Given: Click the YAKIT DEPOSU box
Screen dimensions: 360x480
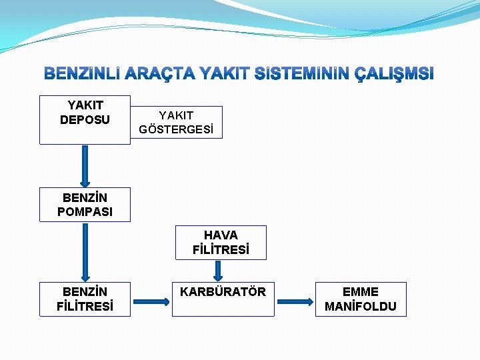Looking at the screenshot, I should (85, 120).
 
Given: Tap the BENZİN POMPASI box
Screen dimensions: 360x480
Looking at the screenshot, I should (85, 205).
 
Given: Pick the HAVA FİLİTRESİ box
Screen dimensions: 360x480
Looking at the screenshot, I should (221, 243).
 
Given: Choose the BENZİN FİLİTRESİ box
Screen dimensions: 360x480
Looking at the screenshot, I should (85, 299).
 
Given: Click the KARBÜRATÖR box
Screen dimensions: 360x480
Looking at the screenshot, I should (223, 299).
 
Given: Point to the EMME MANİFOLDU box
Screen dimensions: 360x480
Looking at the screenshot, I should (360, 299).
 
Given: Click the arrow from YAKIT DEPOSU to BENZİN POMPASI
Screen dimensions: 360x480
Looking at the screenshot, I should (85, 166).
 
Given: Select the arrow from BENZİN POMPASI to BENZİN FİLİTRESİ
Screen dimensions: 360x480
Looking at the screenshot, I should (85, 252).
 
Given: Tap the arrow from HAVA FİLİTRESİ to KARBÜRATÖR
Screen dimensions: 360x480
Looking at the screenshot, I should (218, 271).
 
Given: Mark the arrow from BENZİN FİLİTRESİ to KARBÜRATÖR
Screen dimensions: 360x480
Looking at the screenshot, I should (153, 301).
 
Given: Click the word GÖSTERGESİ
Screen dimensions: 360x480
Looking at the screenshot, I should (177, 129).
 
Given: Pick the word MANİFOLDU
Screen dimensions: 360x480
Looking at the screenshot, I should (360, 307).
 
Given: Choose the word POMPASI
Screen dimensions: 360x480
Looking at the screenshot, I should (85, 212).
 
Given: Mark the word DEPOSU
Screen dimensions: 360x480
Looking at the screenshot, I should (85, 119).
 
